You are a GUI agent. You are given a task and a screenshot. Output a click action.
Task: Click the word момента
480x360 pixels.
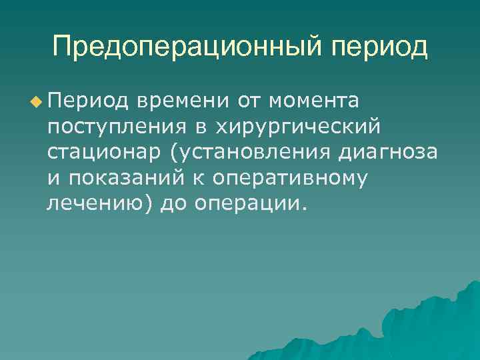pos(314,101)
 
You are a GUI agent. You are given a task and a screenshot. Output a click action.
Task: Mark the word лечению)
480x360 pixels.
pos(100,202)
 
